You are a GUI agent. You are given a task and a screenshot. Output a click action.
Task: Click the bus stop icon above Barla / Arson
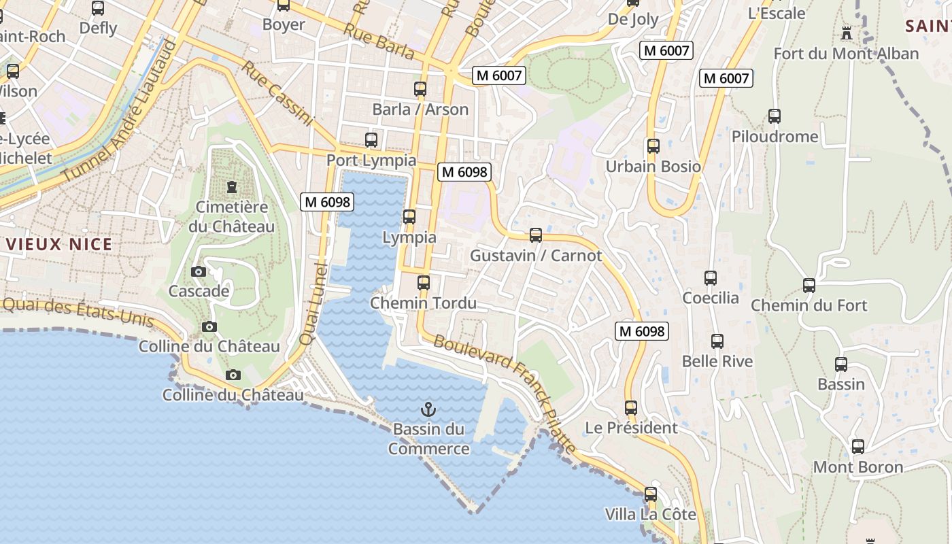tap(420, 89)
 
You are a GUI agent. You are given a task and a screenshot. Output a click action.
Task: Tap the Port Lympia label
tap(371, 160)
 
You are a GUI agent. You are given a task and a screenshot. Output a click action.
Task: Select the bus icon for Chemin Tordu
tap(424, 282)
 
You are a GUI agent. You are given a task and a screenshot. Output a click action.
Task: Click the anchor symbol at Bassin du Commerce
tap(428, 409)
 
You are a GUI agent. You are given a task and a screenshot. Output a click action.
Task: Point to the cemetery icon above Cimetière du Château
tap(232, 186)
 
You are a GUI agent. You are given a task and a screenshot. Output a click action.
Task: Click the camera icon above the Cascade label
tap(199, 271)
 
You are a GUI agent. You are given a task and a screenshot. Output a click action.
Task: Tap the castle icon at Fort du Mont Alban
tap(847, 33)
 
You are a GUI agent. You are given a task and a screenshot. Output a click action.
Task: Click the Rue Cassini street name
tap(277, 94)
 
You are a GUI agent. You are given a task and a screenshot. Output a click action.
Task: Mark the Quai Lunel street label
tap(313, 304)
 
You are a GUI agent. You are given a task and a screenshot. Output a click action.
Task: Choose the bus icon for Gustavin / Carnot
tap(536, 235)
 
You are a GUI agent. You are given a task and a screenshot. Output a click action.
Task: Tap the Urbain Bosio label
tap(653, 167)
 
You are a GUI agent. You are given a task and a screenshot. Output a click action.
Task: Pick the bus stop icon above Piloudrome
tap(775, 116)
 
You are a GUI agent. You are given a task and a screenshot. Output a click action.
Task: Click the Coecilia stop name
tap(711, 298)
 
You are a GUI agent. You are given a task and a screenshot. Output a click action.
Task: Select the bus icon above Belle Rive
tap(717, 341)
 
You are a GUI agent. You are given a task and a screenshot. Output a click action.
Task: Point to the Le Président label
tap(632, 428)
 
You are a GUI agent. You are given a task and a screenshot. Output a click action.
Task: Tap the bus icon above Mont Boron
tap(858, 447)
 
